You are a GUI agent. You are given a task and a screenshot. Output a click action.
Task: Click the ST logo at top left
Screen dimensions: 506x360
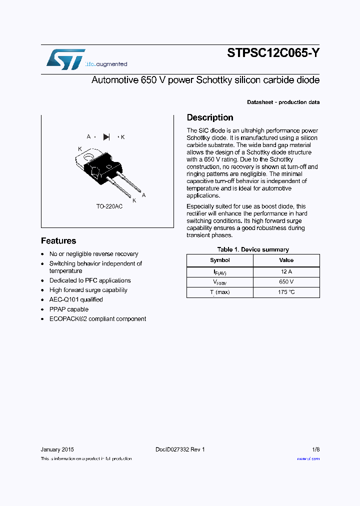pos(65,59)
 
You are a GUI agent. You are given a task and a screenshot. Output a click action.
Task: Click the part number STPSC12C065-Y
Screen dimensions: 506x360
pos(273,54)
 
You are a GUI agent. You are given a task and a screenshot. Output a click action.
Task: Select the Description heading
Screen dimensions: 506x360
pos(210,117)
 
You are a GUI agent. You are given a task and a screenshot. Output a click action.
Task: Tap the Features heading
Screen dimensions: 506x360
pos(58,240)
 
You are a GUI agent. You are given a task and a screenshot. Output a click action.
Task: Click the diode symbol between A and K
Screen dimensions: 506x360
pos(106,136)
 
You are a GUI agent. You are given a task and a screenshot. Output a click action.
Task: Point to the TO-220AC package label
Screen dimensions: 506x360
pos(109,206)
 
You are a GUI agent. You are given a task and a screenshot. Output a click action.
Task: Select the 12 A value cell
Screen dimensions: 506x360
pos(286,272)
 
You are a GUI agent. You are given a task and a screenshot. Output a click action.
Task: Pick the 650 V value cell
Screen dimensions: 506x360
pos(286,282)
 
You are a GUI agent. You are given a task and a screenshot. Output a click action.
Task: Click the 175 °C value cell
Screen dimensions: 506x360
pos(286,292)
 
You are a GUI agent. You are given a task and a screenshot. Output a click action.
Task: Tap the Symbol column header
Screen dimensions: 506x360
pos(220,260)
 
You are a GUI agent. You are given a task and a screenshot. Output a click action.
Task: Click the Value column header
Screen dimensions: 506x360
pos(286,260)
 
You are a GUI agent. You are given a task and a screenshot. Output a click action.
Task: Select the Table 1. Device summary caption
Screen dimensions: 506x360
pos(253,249)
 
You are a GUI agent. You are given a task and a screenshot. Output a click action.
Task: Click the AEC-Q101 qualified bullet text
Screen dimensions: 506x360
pos(76,299)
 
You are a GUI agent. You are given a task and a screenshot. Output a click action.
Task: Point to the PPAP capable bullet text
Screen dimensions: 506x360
pos(68,309)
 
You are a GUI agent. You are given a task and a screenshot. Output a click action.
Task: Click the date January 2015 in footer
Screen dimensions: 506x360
pos(57,449)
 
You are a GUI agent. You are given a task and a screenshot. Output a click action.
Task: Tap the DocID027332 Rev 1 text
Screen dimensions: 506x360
pos(180,449)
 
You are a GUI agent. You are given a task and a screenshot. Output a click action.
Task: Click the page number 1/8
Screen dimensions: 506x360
pos(315,449)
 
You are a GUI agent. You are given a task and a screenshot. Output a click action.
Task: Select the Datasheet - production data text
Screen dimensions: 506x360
pos(283,102)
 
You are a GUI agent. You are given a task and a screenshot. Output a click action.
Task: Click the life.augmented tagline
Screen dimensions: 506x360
pos(106,64)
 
